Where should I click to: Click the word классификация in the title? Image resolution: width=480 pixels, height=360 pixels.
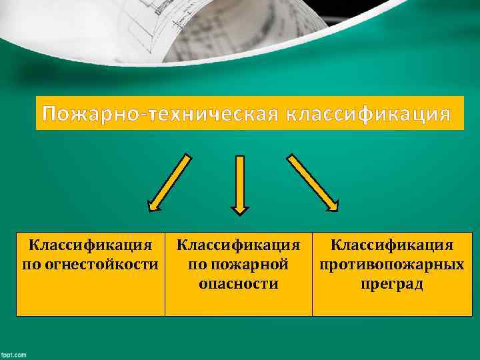point(368,114)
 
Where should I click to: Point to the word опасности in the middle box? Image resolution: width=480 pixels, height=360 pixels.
point(239,284)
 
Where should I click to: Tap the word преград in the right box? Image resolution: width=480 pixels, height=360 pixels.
point(392,284)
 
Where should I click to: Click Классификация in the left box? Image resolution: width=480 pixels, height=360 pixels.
point(91,245)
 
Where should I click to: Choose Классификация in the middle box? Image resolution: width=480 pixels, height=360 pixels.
point(239,245)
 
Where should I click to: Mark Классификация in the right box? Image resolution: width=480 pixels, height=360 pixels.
point(392,245)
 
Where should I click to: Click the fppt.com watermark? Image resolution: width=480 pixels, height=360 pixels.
point(13,355)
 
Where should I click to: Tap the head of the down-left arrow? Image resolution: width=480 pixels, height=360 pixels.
point(154,204)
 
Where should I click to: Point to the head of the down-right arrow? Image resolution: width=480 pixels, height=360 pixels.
point(330,204)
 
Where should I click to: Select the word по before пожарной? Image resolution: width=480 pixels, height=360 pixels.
point(197,265)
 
